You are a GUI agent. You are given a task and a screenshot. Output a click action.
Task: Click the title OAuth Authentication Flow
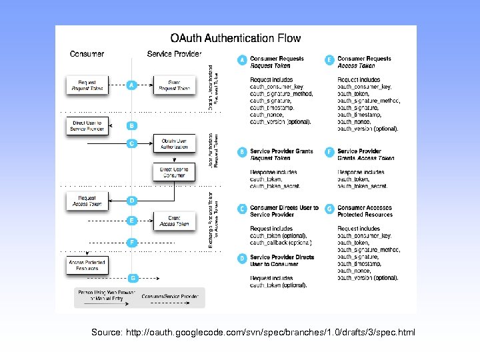pos(235,39)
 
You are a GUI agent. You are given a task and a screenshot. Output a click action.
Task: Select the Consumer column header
pos(87,53)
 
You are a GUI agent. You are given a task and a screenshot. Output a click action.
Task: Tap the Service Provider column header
pos(174,53)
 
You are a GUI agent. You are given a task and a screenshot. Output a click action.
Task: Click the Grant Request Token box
pos(174,85)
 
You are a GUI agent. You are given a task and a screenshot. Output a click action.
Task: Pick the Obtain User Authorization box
pos(174,143)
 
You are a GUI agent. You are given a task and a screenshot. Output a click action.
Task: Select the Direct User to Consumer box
pos(174,172)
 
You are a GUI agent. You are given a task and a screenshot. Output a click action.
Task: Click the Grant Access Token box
pos(174,221)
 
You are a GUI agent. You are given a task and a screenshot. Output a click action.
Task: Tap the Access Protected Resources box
pos(87,265)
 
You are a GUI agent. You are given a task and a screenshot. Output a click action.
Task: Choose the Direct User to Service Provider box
pos(87,125)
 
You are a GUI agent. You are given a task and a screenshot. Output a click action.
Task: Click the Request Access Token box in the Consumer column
pos(87,201)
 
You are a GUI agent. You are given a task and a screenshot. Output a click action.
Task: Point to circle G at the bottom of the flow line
pos(133,277)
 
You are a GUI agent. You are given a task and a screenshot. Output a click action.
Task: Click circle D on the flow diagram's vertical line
pos(133,200)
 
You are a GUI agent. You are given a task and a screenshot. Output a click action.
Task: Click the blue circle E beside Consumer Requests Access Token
pos(329,60)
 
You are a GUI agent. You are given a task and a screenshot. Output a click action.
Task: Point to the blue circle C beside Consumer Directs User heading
pos(242,209)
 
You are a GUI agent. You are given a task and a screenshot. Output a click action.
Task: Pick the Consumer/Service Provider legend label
pos(169,296)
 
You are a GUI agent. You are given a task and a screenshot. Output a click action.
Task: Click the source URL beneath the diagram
pos(253,331)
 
